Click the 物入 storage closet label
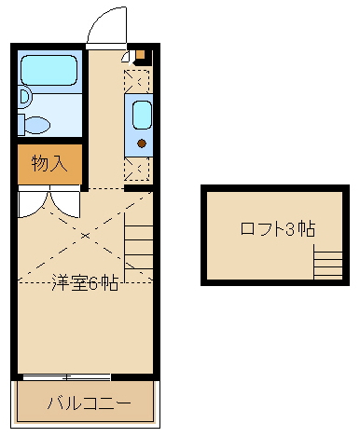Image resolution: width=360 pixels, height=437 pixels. click(49, 165)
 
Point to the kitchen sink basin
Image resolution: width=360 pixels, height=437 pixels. click(141, 116)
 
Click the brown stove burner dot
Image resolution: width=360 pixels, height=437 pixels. click(141, 143)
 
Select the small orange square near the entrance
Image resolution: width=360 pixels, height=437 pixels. click(141, 53)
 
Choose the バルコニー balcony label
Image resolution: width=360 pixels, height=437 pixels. click(87, 404)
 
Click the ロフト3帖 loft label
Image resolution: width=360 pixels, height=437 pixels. click(277, 229)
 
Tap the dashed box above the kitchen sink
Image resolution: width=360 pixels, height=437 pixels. click(141, 82)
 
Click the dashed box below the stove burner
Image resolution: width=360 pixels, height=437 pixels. click(141, 170)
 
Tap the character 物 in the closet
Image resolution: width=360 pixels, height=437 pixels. click(39, 165)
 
